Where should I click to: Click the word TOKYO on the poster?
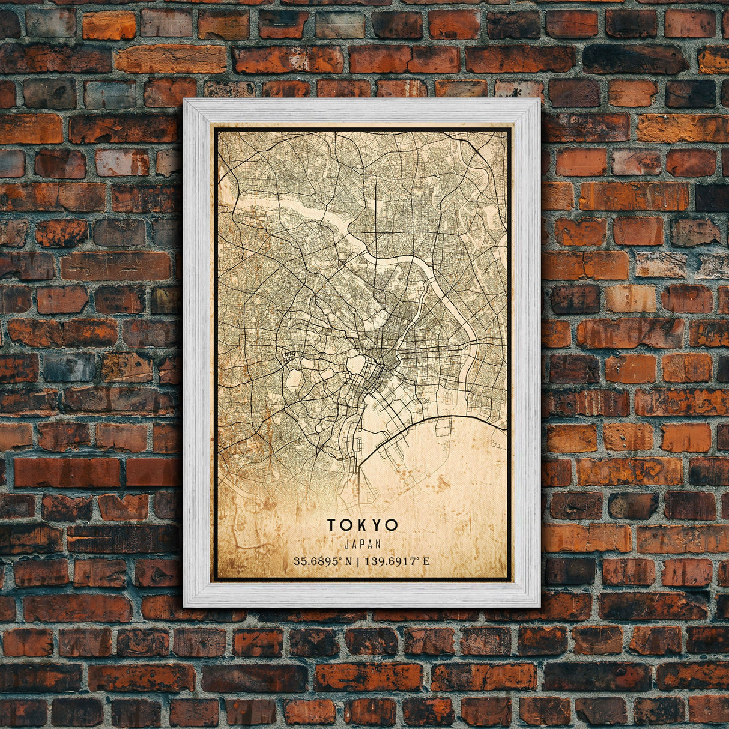coord(362,525)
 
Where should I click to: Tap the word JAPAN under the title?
coord(362,544)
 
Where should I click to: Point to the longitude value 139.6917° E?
coord(396,562)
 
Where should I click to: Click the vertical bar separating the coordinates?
coord(357,562)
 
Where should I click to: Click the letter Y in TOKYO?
coord(377,525)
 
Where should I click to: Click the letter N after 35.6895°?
coord(349,562)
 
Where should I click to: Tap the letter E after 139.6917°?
coord(426,562)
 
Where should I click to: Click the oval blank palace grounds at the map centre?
coord(355,364)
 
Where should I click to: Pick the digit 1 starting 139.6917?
coord(365,562)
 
